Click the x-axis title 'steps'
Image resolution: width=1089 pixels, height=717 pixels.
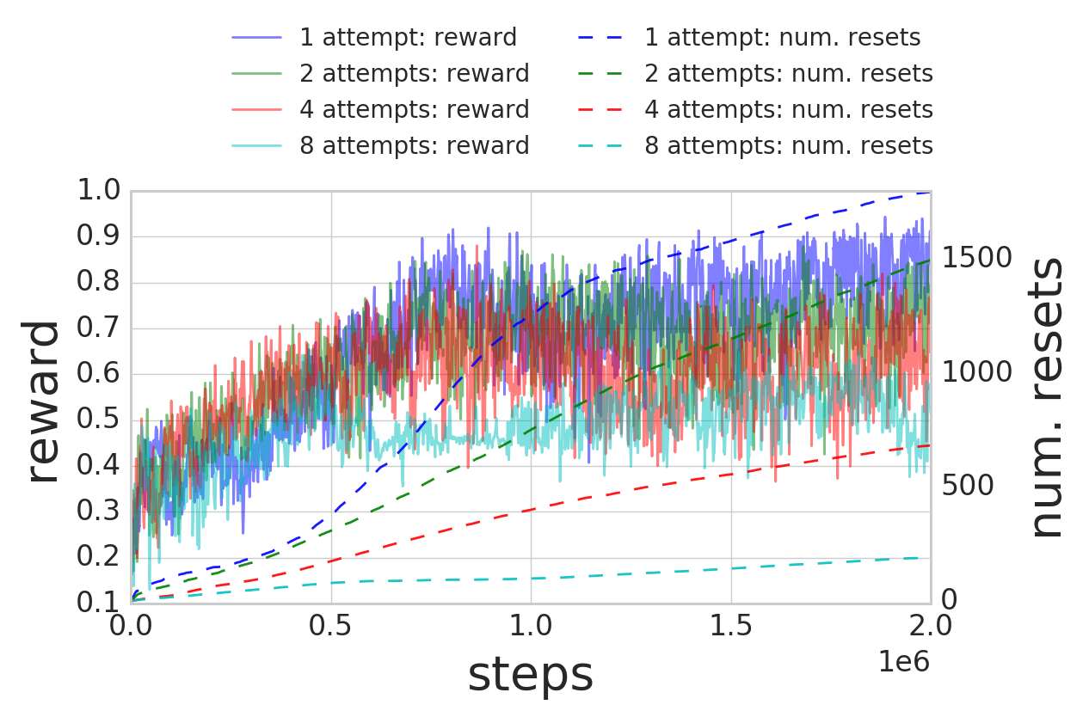coord(530,676)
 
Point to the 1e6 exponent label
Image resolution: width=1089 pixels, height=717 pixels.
coord(904,661)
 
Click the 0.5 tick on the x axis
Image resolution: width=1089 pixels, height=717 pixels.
coord(331,623)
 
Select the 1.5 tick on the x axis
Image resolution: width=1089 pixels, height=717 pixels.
coord(731,623)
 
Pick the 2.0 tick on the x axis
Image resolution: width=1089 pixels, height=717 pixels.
coord(931,623)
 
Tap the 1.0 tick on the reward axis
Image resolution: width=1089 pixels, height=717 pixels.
coord(99,191)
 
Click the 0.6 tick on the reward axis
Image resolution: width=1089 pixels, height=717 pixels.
coord(99,375)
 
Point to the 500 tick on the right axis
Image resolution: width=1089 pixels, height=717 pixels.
coord(968,486)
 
